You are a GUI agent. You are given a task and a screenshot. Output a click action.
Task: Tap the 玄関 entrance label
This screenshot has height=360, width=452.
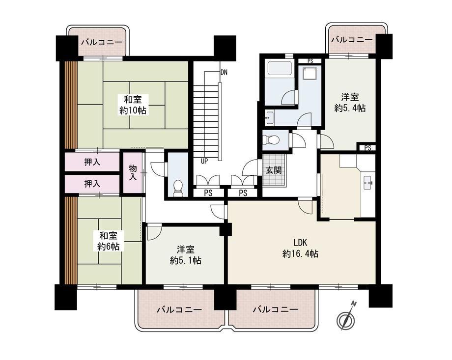pyautogui.click(x=274, y=170)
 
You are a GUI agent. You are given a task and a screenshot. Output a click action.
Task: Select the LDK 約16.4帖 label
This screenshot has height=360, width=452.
pyautogui.click(x=301, y=249)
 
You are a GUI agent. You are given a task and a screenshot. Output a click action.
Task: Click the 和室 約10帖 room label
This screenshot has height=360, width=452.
pyautogui.click(x=133, y=105)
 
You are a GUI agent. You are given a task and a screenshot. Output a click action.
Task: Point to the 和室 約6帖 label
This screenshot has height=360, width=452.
pyautogui.click(x=108, y=241)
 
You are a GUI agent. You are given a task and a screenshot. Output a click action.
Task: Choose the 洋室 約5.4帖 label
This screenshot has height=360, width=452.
pyautogui.click(x=350, y=103)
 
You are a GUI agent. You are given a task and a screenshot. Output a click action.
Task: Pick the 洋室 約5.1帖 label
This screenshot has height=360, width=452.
pyautogui.click(x=186, y=255)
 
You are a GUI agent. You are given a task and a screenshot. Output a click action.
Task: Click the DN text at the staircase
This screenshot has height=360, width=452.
pyautogui.click(x=224, y=72)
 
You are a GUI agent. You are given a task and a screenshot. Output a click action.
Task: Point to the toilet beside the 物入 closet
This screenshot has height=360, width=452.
pyautogui.click(x=178, y=188)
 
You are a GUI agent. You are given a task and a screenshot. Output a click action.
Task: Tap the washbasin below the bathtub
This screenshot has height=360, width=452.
pyautogui.click(x=270, y=117)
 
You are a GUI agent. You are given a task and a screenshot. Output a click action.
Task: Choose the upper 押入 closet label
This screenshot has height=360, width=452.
pyautogui.click(x=92, y=162)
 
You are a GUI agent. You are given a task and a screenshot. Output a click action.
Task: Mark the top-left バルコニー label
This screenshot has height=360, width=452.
pyautogui.click(x=102, y=42)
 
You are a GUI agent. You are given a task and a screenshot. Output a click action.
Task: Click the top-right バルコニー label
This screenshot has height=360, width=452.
pyautogui.click(x=351, y=39)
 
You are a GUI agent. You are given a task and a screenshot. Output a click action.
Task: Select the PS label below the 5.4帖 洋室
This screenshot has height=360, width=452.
pyautogui.click(x=367, y=148)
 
